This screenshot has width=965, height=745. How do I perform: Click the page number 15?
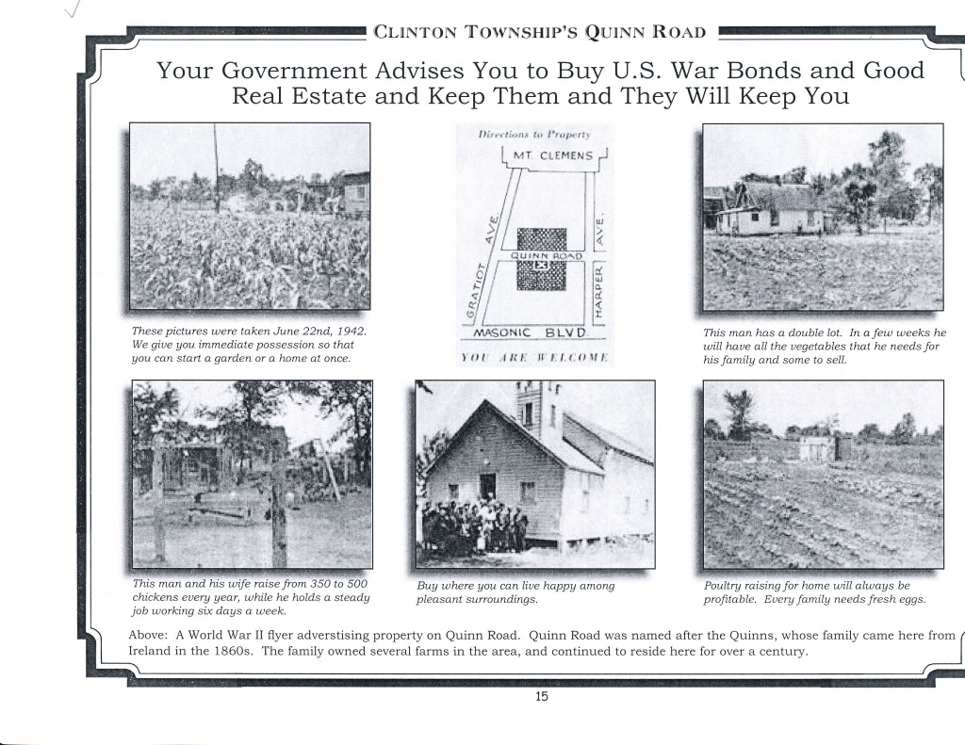click(541, 697)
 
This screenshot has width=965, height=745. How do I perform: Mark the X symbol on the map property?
click(541, 267)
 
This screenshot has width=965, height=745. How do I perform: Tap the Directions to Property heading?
click(533, 135)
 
